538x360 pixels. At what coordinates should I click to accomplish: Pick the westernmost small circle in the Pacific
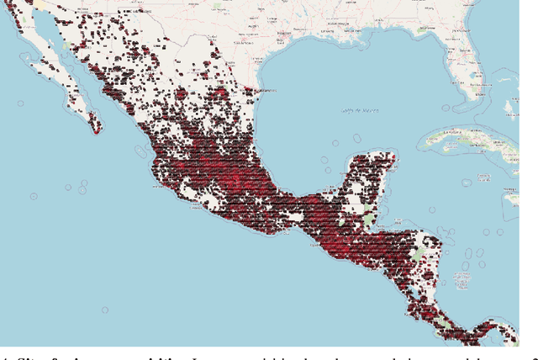tap(34, 196)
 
